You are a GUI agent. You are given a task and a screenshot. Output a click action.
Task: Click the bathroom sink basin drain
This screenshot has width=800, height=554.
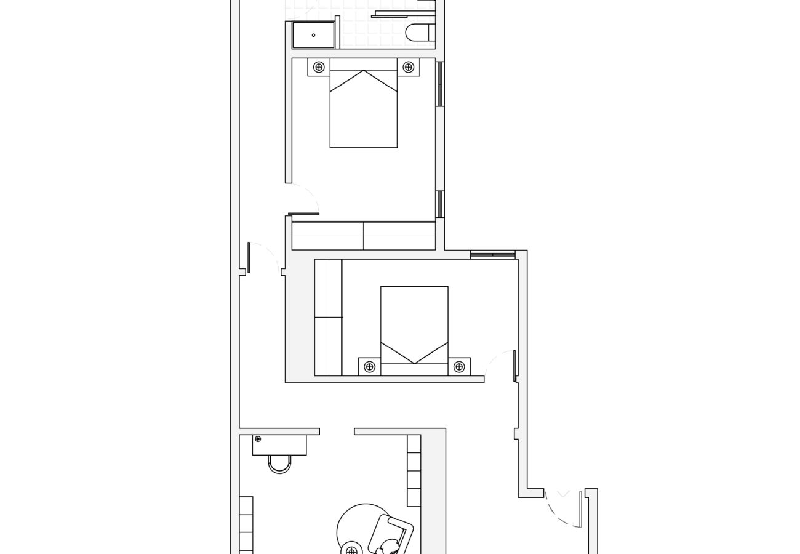click(313, 35)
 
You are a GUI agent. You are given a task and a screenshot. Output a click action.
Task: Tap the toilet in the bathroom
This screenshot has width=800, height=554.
click(420, 33)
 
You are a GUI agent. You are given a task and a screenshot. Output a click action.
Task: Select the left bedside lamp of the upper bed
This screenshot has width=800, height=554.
click(319, 67)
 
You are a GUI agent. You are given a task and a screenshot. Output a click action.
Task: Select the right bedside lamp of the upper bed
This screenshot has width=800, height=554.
click(408, 67)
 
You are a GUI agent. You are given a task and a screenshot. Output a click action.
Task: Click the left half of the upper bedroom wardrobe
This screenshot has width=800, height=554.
click(327, 236)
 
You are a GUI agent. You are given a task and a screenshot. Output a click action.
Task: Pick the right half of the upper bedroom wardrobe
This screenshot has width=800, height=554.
click(399, 236)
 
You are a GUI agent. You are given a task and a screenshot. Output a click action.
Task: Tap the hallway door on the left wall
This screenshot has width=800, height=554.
click(249, 257)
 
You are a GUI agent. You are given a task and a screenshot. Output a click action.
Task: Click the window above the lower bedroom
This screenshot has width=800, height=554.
click(492, 254)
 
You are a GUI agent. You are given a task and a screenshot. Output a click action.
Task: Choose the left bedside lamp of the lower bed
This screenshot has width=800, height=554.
click(369, 367)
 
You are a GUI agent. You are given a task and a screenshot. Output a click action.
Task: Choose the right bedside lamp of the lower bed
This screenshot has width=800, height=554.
click(458, 367)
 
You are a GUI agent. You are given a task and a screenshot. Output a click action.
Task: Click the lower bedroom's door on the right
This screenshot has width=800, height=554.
click(514, 366)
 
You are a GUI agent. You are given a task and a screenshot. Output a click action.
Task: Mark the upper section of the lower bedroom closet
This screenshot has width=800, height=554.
click(328, 288)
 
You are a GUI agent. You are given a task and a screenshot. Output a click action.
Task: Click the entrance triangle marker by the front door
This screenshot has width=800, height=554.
click(563, 494)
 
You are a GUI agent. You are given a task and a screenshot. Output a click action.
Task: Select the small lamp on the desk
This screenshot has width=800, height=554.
click(258, 439)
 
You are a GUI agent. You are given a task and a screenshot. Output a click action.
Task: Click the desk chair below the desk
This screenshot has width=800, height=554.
click(279, 464)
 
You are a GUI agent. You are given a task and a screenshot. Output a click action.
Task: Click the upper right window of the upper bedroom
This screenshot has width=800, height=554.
click(439, 84)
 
